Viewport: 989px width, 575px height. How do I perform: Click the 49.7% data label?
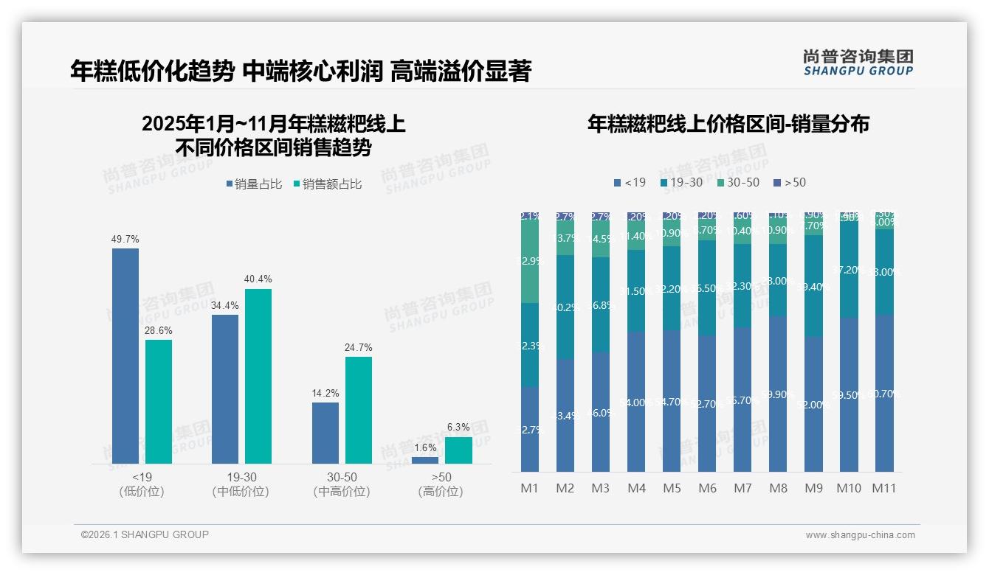coord(125,240)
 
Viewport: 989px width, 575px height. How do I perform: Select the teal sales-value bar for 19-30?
coord(258,376)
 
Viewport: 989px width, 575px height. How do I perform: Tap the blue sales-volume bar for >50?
coord(425,460)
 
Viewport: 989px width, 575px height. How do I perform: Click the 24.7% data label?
coord(359,347)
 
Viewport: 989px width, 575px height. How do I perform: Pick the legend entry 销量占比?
coord(254,184)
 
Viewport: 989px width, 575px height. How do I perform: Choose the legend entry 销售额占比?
coord(327,184)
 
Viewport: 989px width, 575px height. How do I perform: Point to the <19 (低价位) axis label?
coord(141,484)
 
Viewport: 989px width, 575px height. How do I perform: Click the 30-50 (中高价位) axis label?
coord(341,484)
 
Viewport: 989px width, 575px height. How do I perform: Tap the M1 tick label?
coord(530,488)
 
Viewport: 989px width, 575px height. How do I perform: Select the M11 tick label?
coord(884,488)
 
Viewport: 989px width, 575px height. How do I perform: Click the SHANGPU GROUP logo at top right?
coord(858,63)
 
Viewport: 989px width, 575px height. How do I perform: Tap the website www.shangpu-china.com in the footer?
coord(860,535)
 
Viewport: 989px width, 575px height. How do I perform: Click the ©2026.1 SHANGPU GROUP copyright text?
coord(145,534)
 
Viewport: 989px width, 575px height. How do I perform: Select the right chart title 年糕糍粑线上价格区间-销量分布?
coord(728,124)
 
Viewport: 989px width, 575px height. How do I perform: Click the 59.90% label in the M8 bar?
coord(778,394)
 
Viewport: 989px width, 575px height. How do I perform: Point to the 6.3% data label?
coord(458,427)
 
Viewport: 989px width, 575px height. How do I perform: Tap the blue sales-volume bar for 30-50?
coord(325,433)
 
